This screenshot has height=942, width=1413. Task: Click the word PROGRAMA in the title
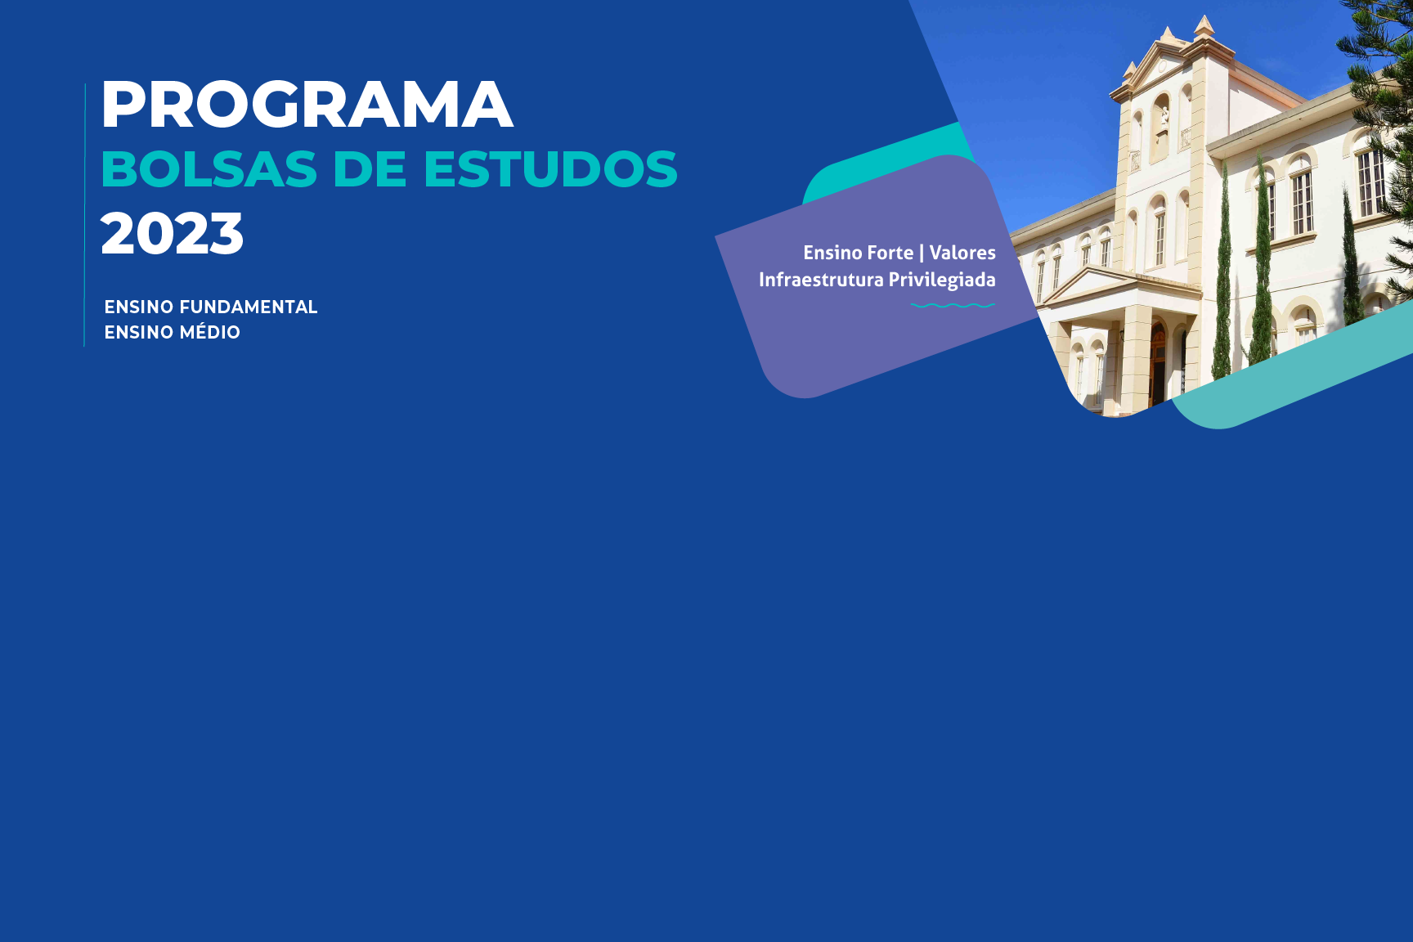click(307, 105)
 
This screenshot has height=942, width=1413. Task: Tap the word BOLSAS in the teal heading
click(209, 169)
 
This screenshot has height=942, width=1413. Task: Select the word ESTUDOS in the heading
click(550, 169)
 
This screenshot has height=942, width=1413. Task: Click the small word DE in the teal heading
click(370, 169)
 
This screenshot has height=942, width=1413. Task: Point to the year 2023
click(172, 234)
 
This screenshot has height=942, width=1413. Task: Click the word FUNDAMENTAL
click(249, 307)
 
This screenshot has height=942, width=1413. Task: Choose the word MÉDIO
click(206, 332)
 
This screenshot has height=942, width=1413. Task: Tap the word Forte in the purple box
click(890, 253)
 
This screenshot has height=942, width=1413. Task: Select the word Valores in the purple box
click(962, 253)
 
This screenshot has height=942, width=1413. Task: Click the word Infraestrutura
click(821, 280)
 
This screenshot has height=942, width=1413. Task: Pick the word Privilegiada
click(942, 280)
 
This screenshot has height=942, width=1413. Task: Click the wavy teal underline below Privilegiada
click(953, 306)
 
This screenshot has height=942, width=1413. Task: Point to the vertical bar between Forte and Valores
click(922, 253)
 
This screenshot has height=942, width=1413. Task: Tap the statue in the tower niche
click(1164, 119)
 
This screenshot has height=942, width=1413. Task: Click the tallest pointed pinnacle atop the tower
click(1204, 25)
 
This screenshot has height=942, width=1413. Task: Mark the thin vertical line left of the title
click(85, 214)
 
